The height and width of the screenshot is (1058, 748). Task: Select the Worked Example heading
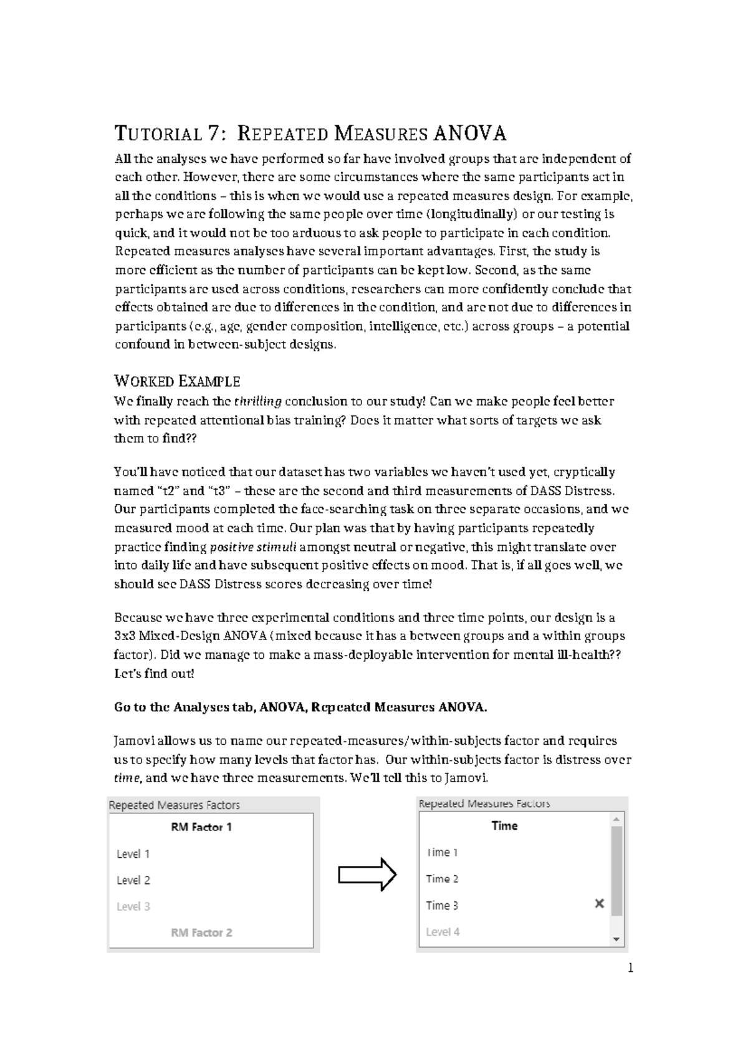pos(177,381)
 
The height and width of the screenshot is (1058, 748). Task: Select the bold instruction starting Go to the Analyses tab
pos(300,707)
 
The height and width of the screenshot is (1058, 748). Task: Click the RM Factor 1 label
pos(201,827)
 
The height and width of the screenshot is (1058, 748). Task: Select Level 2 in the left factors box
pos(133,880)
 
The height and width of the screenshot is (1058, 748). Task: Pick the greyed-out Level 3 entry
pos(133,906)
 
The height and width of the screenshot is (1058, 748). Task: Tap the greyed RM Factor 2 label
pos(201,933)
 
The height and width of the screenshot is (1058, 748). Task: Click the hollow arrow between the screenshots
pos(367,876)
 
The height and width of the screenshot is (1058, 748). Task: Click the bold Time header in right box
pos(504,825)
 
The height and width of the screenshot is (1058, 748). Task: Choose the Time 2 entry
pos(442,878)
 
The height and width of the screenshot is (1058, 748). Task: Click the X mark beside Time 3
pos(600,903)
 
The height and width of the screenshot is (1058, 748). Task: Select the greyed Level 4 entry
pos(443,931)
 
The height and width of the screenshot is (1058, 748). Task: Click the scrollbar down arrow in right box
pos(616,939)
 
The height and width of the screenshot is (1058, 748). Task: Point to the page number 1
pos(630,968)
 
